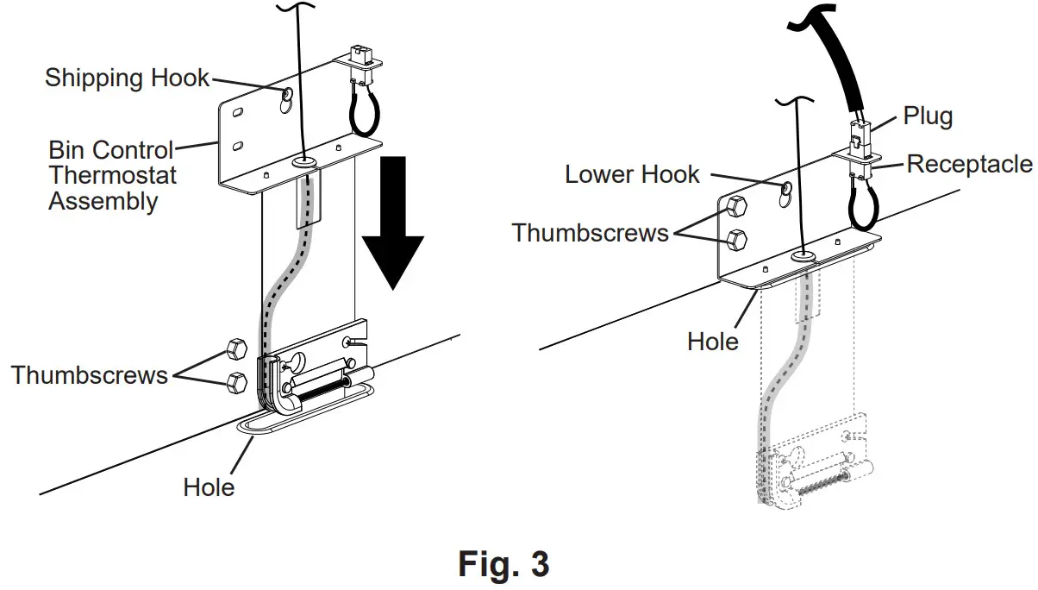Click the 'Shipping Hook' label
(x=127, y=78)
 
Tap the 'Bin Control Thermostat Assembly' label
(x=112, y=176)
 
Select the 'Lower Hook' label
(x=632, y=174)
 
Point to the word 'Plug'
(x=928, y=116)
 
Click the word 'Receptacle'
(x=969, y=164)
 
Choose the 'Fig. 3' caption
(x=503, y=564)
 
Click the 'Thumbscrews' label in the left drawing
(x=90, y=375)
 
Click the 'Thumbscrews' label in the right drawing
(x=591, y=233)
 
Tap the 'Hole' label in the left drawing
(x=209, y=487)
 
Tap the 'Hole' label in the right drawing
(x=713, y=341)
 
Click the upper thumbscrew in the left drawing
(x=232, y=349)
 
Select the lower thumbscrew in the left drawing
(x=232, y=381)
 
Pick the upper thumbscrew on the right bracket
(x=736, y=206)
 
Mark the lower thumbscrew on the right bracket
(x=736, y=238)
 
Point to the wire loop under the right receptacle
(x=860, y=204)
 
